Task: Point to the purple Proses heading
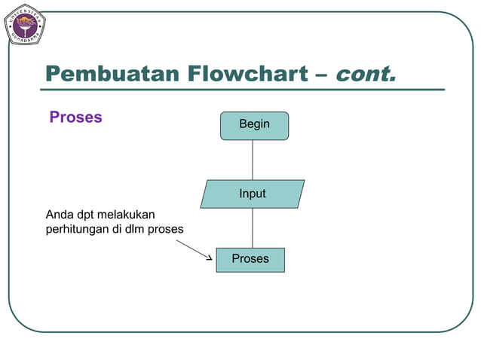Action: [x=75, y=117]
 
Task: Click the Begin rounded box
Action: [x=254, y=125]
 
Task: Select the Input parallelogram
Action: [x=253, y=194]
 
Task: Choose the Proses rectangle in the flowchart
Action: [x=250, y=259]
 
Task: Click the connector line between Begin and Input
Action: [x=253, y=160]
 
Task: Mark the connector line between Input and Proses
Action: [x=253, y=227]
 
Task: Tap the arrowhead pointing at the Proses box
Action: [x=209, y=258]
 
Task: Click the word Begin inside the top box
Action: [x=254, y=124]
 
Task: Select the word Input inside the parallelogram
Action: [x=253, y=194]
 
